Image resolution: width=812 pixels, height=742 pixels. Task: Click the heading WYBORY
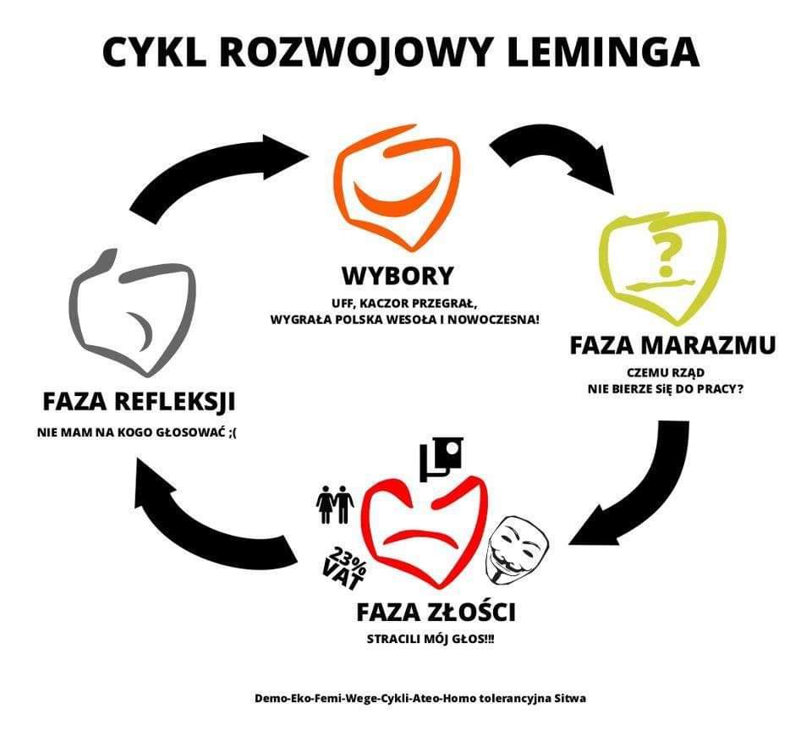pos(398,276)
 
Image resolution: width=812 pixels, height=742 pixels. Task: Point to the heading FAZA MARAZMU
pos(672,346)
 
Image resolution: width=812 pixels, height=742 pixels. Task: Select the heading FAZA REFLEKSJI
pos(139,400)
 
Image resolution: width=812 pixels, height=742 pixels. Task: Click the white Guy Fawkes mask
pos(517,547)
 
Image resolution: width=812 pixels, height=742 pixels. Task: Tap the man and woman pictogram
pos(335,505)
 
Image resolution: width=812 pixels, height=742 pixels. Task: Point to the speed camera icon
pos(442,458)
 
